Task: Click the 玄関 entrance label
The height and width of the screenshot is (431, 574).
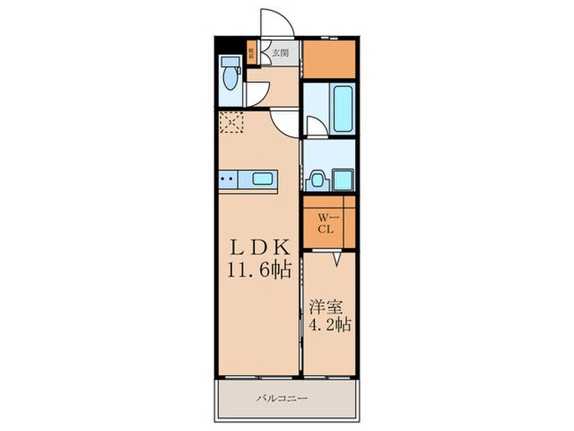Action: point(280,53)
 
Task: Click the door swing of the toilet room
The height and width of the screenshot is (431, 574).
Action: point(259,93)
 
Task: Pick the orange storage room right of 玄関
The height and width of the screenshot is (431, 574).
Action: point(330,59)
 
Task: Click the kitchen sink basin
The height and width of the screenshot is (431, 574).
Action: point(263,178)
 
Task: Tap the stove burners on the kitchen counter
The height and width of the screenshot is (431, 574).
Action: point(228,178)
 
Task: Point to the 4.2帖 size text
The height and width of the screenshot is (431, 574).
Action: point(330,324)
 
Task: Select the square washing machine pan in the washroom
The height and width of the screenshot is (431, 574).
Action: point(342,179)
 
